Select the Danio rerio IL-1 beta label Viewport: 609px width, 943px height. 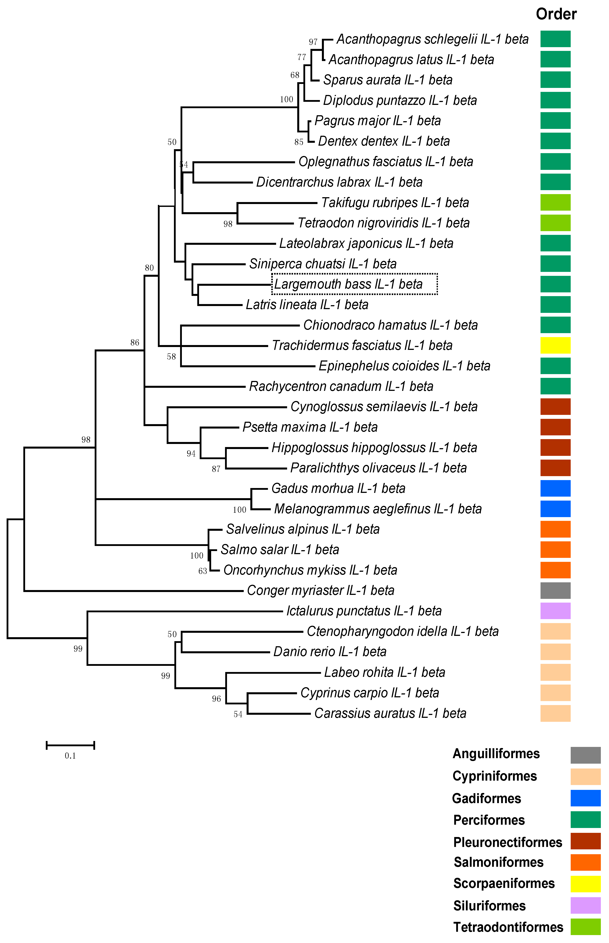point(330,652)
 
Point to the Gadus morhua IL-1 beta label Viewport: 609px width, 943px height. point(338,488)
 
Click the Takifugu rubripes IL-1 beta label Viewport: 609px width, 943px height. point(395,203)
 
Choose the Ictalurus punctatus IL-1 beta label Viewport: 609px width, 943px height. point(364,611)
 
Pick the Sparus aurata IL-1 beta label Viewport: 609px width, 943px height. point(388,80)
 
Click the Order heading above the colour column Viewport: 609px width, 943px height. point(556,14)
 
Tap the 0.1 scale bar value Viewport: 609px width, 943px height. point(70,756)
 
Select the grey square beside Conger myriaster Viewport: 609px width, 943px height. point(555,590)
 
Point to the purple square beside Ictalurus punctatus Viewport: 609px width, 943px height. point(555,611)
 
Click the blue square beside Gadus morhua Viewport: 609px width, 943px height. point(555,488)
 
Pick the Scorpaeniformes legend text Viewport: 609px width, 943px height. point(504,883)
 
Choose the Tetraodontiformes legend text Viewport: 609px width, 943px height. point(508,927)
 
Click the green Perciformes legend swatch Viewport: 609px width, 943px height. point(585,820)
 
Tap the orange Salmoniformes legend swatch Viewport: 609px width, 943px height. point(585,862)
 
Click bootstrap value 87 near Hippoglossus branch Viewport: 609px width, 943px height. point(216,469)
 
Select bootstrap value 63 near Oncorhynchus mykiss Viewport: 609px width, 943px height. point(203,571)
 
